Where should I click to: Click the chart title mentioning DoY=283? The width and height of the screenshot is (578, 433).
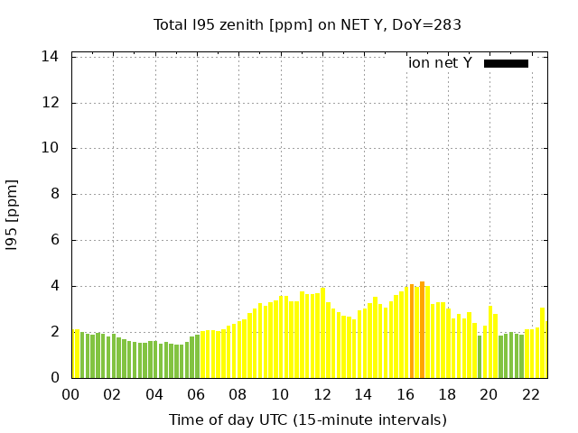point(307,24)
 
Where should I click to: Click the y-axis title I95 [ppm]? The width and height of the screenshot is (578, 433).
point(13,215)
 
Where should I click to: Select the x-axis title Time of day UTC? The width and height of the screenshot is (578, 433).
point(307,419)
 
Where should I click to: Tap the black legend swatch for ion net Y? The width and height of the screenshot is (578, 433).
point(506,63)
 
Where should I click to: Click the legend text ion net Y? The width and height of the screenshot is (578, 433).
point(440,63)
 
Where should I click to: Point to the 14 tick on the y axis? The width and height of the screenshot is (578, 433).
point(51,57)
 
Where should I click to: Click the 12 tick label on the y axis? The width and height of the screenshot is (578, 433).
point(51,103)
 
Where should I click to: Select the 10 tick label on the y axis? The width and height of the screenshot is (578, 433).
point(51,149)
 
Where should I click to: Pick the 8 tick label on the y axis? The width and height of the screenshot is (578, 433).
point(55,195)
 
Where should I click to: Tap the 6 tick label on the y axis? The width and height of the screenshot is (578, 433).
point(55,241)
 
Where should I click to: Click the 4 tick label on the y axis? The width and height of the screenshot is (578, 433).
point(55,287)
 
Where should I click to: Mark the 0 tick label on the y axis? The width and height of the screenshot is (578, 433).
point(55,379)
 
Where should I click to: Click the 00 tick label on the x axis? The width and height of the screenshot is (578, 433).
point(71,395)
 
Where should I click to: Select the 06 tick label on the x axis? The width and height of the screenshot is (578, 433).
point(197,395)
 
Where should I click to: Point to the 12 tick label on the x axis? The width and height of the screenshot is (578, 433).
point(322,395)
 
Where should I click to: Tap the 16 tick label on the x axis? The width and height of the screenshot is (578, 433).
point(406,395)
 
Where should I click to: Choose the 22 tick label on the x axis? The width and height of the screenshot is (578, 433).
point(531,395)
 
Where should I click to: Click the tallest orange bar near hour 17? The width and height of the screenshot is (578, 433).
point(422,330)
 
